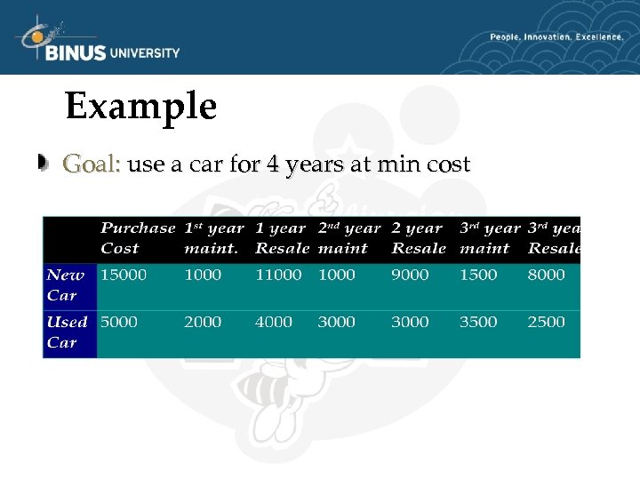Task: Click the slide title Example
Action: [140, 108]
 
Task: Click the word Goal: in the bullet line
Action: [92, 164]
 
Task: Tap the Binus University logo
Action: [98, 43]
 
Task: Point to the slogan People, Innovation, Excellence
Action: [556, 37]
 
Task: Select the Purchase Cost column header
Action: [137, 238]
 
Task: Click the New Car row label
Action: [65, 284]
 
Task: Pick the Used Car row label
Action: [67, 332]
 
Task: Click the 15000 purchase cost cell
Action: [124, 275]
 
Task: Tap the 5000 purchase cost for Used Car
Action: [119, 322]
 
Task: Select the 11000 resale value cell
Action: [278, 275]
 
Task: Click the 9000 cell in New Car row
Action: [410, 275]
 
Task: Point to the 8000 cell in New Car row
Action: [546, 275]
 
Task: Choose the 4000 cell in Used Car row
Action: [274, 322]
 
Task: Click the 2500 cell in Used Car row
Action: [546, 322]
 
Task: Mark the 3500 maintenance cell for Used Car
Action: [478, 322]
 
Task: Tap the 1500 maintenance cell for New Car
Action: [478, 275]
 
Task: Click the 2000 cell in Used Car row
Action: [203, 322]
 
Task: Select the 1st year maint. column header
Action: [213, 238]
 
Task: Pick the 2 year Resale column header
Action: [418, 238]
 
